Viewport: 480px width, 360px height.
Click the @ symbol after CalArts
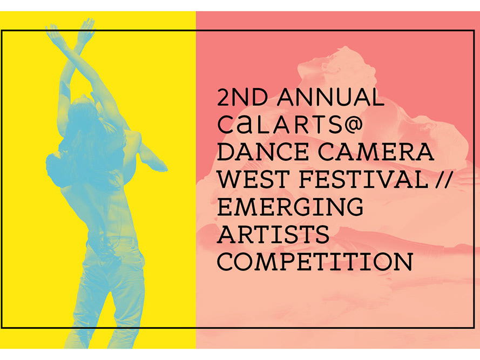[x=353, y=125]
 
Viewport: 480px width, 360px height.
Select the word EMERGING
[x=290, y=207]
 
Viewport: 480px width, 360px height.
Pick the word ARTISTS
[x=273, y=234]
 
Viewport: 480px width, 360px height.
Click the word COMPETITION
[x=315, y=261]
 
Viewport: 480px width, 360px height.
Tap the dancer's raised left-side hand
[x=52, y=31]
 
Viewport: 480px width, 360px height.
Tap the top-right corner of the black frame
[x=474, y=31]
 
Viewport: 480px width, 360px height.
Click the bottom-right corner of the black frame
[x=474, y=328]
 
